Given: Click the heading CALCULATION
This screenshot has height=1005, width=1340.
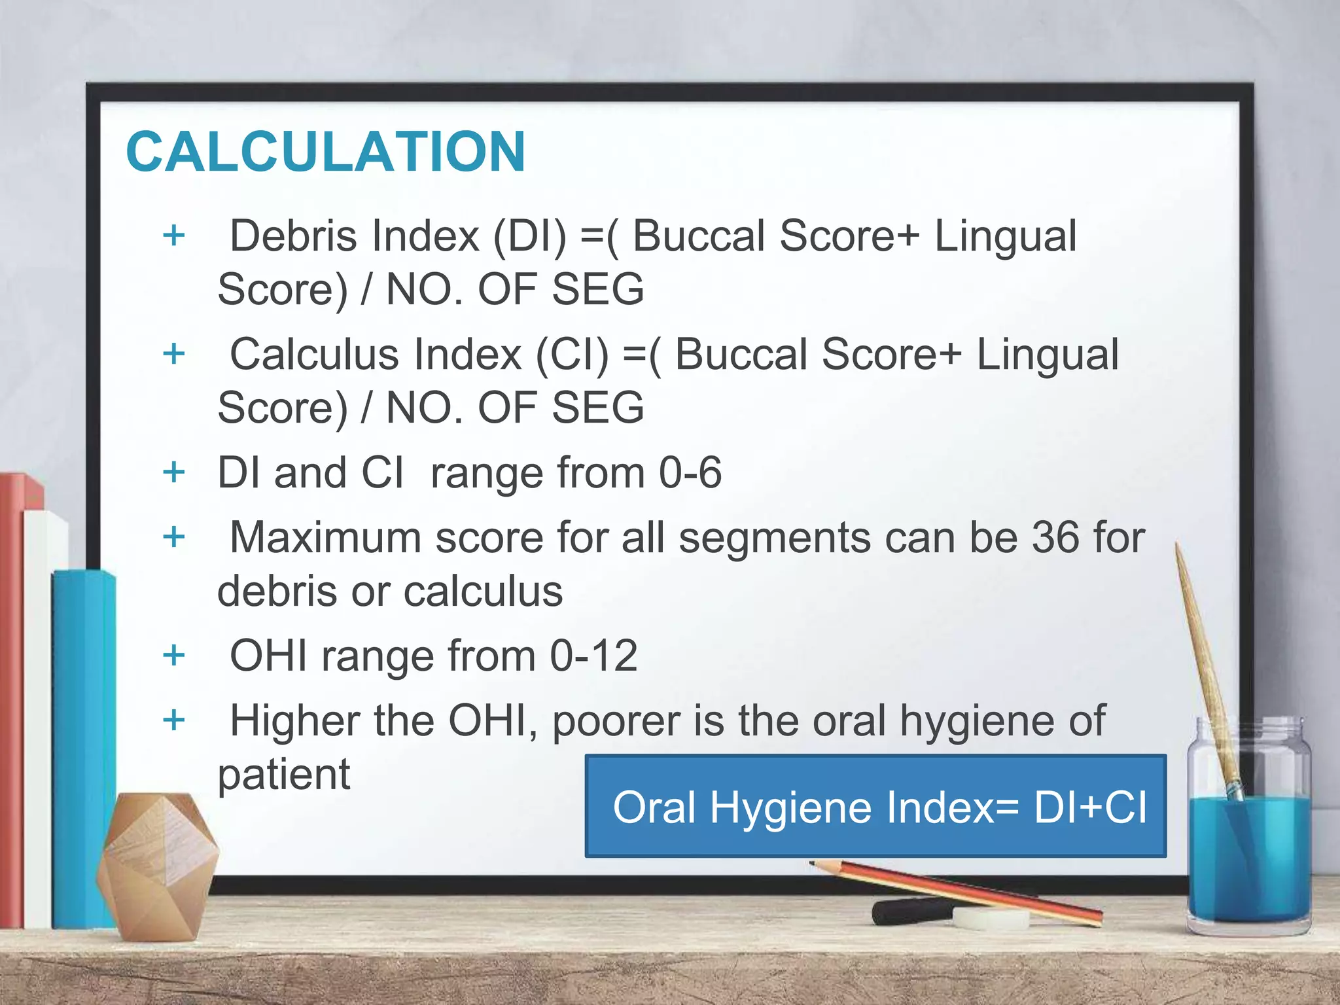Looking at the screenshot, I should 326,152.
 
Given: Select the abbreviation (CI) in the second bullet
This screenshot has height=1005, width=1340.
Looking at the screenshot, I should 572,355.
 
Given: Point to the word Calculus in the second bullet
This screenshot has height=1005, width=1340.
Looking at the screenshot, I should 315,355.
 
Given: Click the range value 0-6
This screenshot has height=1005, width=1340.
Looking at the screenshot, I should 690,472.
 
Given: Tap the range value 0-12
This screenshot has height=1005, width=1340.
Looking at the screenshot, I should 593,656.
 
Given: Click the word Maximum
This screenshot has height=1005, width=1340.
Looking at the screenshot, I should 325,538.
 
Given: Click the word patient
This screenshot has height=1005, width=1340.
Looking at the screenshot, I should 283,775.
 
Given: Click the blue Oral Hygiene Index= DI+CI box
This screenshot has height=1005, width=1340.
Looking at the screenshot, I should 875,806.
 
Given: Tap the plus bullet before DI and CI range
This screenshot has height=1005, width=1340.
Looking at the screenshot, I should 174,472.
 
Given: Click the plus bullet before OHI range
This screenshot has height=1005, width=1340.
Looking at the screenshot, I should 174,655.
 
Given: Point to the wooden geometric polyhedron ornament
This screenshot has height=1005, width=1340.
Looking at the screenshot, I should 157,864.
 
